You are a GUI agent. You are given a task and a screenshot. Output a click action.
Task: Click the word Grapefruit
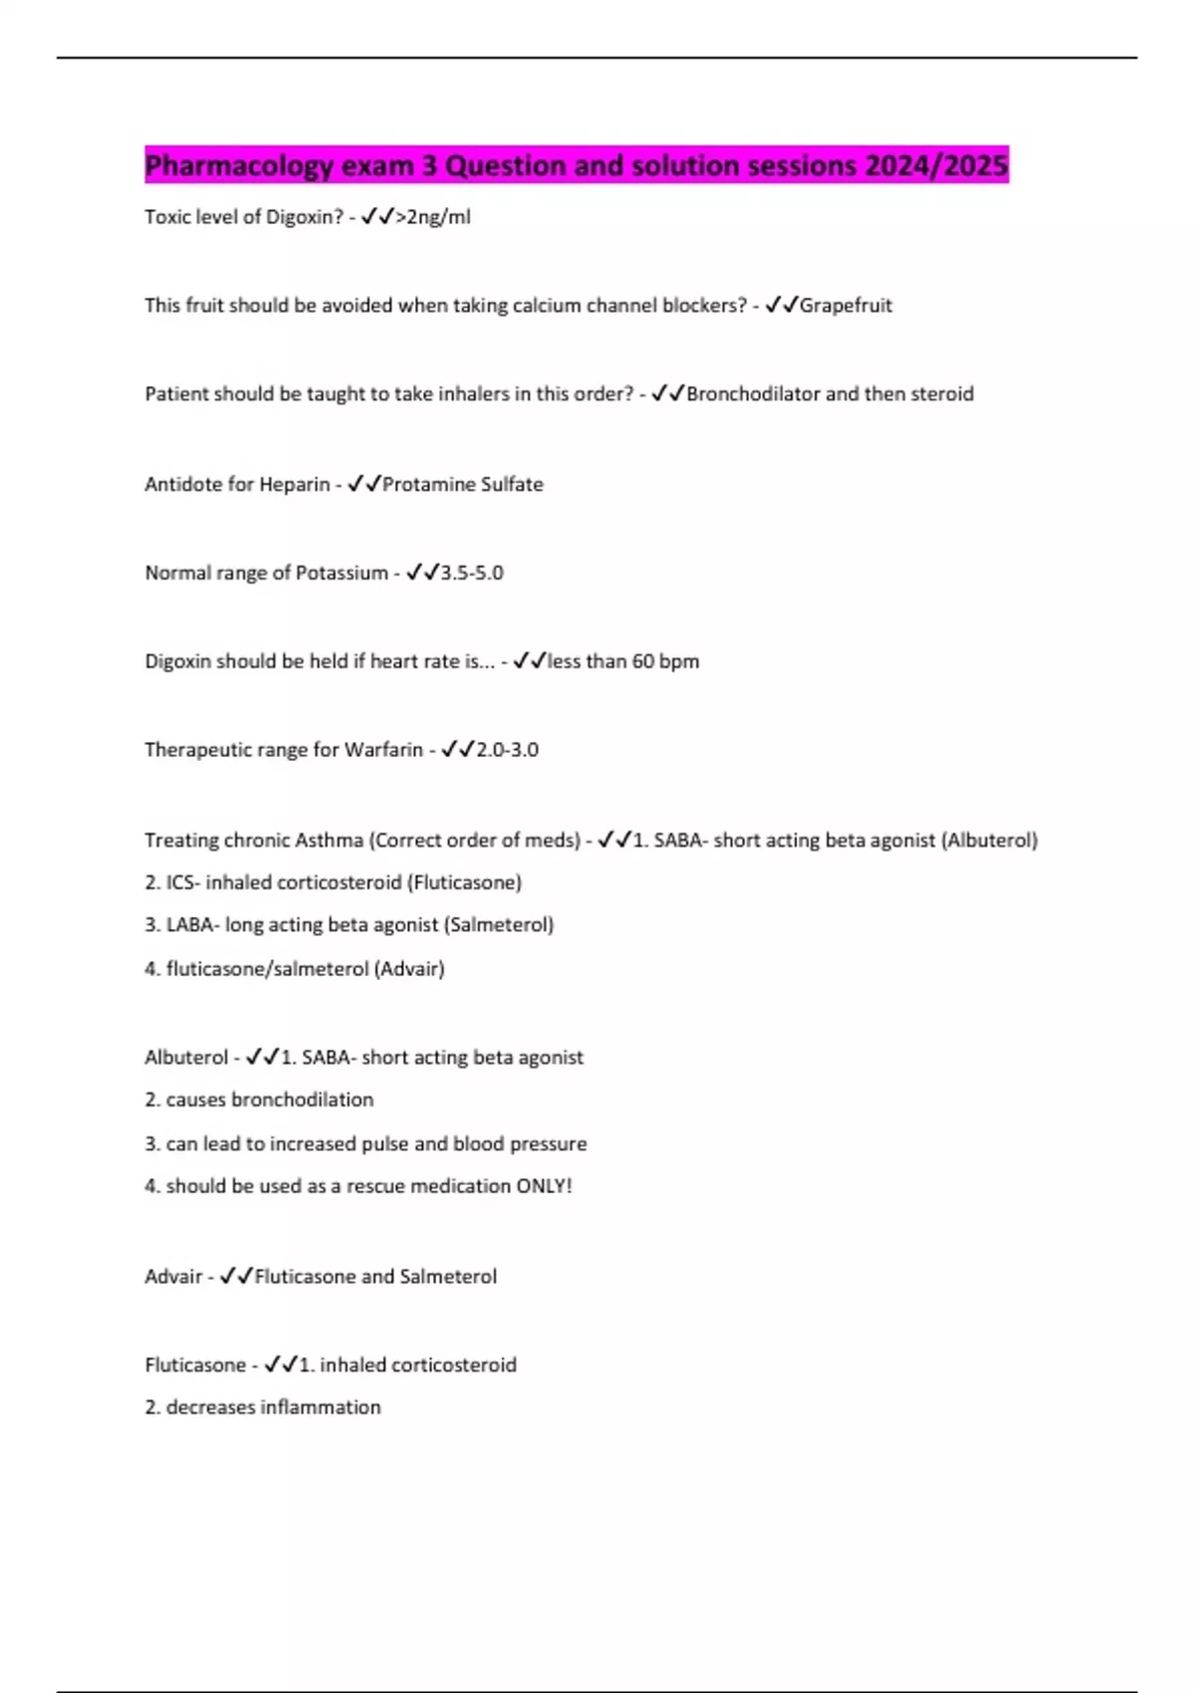845,306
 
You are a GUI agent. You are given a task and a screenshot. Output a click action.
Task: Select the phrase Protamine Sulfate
463,484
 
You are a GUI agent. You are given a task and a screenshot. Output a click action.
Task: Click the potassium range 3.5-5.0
472,573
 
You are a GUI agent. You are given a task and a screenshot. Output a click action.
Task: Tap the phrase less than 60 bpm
623,661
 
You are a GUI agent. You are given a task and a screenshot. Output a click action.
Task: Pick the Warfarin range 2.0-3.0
507,750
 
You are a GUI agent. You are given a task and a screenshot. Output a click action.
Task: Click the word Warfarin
383,750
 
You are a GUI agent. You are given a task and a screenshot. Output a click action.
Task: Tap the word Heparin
295,484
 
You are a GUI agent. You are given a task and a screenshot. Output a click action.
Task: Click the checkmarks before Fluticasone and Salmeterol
236,1276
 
